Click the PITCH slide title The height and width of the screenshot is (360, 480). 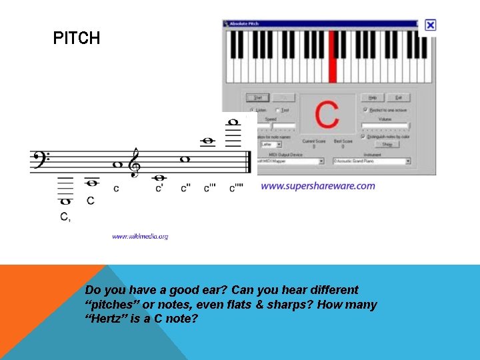(77, 39)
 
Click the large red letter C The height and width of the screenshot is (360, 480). (327, 115)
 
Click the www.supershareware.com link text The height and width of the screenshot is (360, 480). (317, 186)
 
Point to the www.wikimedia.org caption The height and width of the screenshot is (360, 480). (140, 236)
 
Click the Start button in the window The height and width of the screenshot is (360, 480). (253, 97)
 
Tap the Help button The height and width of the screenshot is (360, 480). (372, 97)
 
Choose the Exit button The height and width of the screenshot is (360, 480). (398, 97)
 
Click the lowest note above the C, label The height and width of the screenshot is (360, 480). (65, 201)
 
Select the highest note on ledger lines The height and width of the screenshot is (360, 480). (233, 122)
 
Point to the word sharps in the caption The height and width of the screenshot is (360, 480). (288, 305)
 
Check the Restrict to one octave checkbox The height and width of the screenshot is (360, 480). (365, 110)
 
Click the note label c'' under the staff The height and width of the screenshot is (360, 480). (185, 189)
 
